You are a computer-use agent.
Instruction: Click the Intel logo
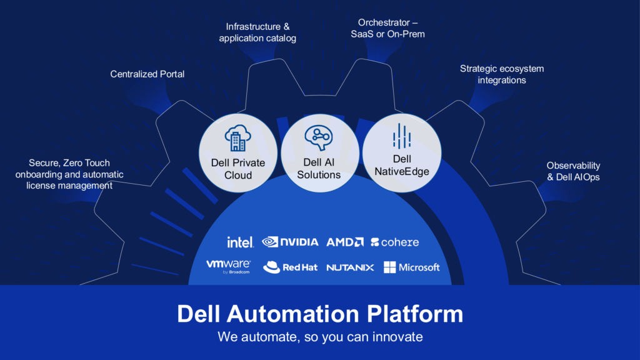[x=240, y=242]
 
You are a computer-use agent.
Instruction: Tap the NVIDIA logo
[x=290, y=242]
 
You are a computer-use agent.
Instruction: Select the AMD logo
[x=345, y=242]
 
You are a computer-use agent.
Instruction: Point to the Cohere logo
[x=395, y=242]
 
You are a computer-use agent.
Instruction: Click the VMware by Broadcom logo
[x=228, y=266]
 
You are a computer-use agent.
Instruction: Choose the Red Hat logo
[x=290, y=267]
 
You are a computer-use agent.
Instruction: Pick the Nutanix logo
[x=350, y=267]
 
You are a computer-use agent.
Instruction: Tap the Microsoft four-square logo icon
[x=390, y=267]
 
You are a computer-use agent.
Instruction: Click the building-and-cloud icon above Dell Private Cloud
[x=237, y=138]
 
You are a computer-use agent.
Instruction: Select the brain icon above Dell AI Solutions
[x=319, y=137]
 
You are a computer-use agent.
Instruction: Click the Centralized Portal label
[x=147, y=74]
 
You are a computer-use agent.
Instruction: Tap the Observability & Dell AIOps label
[x=573, y=171]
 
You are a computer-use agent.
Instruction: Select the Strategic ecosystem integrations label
[x=502, y=74]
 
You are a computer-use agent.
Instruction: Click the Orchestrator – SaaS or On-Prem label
[x=387, y=28]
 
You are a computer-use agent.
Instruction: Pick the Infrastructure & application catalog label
[x=257, y=32]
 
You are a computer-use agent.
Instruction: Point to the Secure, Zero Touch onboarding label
[x=70, y=174]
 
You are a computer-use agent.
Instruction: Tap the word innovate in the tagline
[x=392, y=337]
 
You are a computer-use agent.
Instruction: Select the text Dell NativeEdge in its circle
[x=402, y=165]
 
